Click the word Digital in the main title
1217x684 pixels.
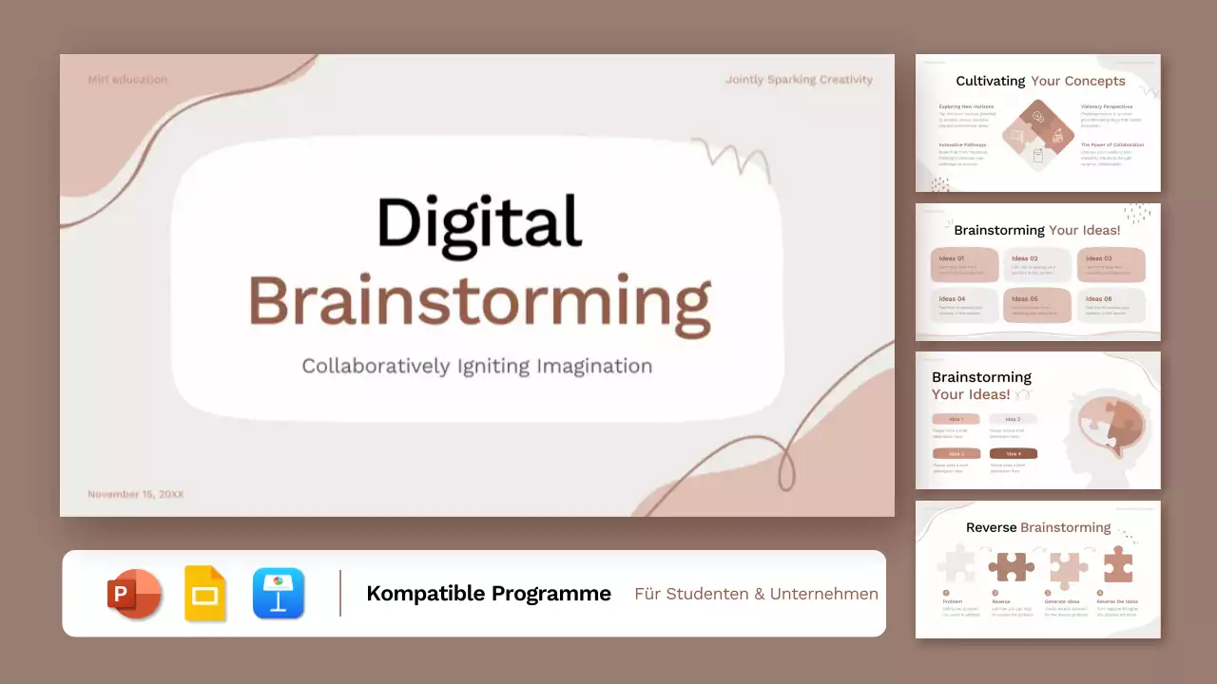pos(479,224)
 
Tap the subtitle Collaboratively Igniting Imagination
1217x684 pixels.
pos(477,366)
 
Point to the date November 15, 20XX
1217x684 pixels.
pos(136,494)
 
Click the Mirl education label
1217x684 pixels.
pos(127,80)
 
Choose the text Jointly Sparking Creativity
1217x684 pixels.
pos(799,80)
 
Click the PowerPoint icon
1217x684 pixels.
pos(134,594)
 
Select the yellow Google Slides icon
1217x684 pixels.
pos(205,594)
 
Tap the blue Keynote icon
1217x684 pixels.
pos(279,594)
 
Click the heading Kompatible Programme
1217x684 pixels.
pos(489,594)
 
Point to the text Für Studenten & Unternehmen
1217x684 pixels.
pos(756,594)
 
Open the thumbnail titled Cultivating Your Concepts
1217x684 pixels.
pos(1038,123)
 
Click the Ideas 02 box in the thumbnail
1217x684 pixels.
pos(1038,265)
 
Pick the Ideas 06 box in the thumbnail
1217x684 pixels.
pos(1111,305)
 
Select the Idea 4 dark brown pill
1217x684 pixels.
pos(1013,454)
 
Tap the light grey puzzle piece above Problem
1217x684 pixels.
pos(956,567)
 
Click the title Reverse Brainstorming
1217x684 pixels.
pos(1038,527)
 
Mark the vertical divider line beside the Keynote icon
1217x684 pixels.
pos(340,594)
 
